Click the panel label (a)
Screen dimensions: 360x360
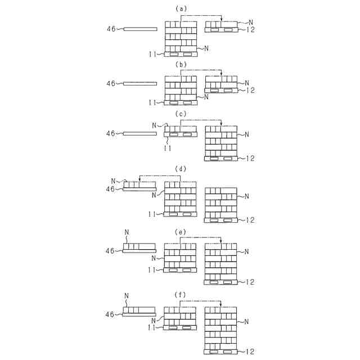[181, 9]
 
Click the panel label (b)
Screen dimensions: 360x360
[181, 65]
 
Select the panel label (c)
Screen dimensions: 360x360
[181, 114]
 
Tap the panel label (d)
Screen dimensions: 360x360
[181, 169]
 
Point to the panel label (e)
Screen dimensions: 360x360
[181, 231]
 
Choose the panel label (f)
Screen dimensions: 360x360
[181, 294]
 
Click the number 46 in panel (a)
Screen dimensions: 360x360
[111, 28]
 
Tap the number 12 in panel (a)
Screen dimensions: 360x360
[250, 29]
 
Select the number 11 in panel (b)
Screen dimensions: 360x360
[152, 103]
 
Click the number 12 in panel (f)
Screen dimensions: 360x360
[250, 352]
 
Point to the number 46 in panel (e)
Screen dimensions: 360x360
[111, 251]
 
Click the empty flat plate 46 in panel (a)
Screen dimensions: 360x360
[139, 28]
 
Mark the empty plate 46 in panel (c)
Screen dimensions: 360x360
[139, 133]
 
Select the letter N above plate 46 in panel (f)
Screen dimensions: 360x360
[127, 295]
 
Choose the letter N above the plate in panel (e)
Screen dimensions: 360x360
[127, 232]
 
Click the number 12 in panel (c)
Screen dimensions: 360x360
[250, 159]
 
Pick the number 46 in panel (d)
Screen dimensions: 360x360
[111, 190]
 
